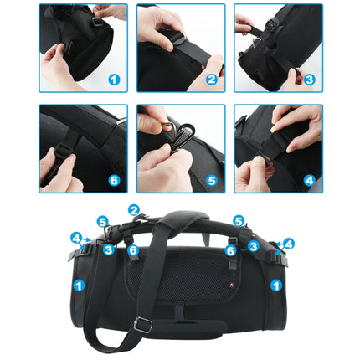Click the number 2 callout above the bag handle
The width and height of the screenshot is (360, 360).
135,209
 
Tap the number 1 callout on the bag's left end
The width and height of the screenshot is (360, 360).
78,285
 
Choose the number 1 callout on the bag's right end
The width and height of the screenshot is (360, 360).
275,285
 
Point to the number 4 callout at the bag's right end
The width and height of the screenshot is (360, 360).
289,244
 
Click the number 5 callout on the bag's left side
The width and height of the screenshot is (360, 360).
102,222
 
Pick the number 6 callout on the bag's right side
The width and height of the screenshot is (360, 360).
229,250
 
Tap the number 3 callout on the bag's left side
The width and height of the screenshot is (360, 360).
110,248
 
